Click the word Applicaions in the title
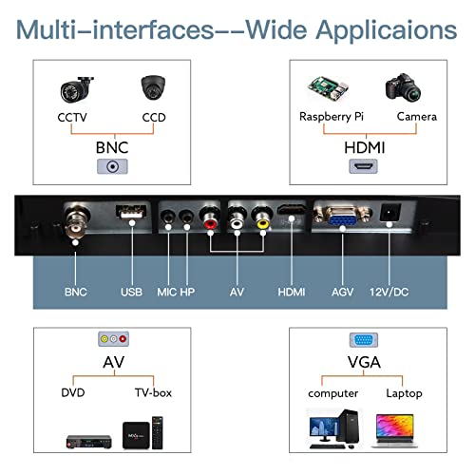[x=387, y=31]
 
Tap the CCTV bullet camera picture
[x=77, y=89]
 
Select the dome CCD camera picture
[x=153, y=87]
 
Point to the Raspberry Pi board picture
[x=328, y=87]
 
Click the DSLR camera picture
[x=403, y=87]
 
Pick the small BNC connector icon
[x=112, y=166]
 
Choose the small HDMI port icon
[x=363, y=166]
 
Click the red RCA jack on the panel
[x=210, y=218]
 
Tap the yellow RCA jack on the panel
[x=262, y=218]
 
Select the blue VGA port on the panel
[x=342, y=216]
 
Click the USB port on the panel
[x=131, y=212]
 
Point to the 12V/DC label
[x=389, y=292]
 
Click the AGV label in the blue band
[x=342, y=292]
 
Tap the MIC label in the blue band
[x=167, y=292]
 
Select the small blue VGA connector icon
[x=364, y=340]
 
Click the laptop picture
[x=394, y=430]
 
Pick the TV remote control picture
[x=158, y=432]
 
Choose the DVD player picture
[x=89, y=442]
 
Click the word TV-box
[x=153, y=392]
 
